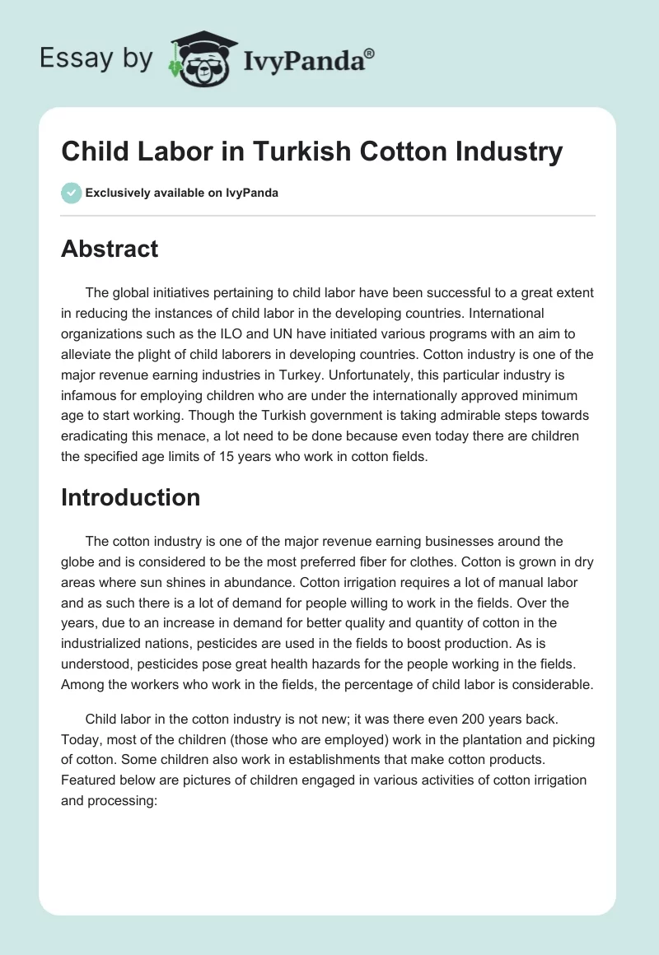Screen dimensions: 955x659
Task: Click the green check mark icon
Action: pos(71,192)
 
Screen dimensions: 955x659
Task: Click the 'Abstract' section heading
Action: pos(110,249)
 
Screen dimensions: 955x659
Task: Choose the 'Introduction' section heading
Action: pos(130,497)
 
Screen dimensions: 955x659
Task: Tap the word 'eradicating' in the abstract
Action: pos(95,436)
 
